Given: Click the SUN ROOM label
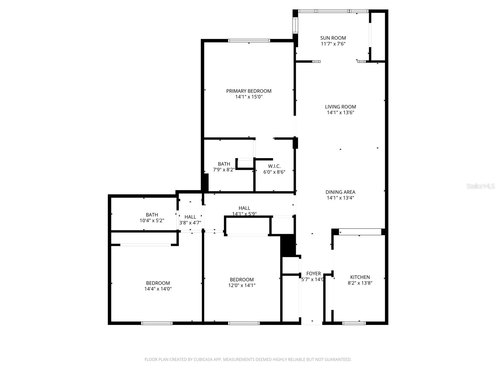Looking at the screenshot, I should point(333,38).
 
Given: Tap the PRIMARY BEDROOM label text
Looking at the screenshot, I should point(249,91).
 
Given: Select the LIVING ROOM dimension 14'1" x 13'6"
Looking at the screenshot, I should point(340,113).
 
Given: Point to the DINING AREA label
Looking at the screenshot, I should point(340,192).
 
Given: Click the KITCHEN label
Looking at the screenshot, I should point(360,277).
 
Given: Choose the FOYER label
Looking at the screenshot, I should point(313,274).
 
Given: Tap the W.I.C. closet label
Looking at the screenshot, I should point(274,166).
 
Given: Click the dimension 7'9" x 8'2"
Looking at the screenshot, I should point(224,170).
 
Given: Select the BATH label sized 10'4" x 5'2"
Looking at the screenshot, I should point(152,215).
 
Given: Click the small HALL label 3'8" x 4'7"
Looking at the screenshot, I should point(190,217).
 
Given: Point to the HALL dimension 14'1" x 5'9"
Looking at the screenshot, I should point(244,214).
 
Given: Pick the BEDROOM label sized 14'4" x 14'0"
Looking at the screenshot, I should point(158,283).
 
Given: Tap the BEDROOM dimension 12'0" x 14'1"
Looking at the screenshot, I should point(242,286).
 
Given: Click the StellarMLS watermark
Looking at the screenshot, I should point(480,186).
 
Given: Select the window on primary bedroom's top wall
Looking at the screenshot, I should point(249,41).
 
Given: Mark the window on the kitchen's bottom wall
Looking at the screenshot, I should point(354,323).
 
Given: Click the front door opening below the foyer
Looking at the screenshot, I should point(312,323).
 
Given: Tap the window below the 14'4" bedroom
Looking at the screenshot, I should point(157,323).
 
